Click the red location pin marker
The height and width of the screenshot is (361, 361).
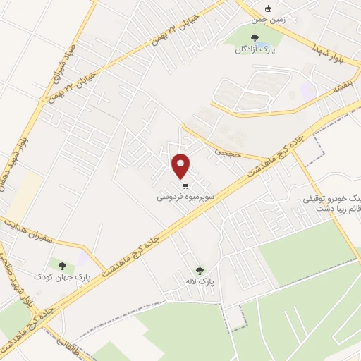point(182,166)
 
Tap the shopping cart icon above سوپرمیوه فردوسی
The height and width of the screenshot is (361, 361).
point(185,187)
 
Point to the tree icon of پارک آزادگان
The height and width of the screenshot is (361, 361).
point(255,37)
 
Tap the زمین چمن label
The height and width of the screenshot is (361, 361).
point(267,21)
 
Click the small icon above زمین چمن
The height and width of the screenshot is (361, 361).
point(267,9)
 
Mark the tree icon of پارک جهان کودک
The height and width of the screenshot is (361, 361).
point(62,266)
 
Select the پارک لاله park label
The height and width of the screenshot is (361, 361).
point(200,281)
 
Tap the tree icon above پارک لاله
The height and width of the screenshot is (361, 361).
point(200,269)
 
